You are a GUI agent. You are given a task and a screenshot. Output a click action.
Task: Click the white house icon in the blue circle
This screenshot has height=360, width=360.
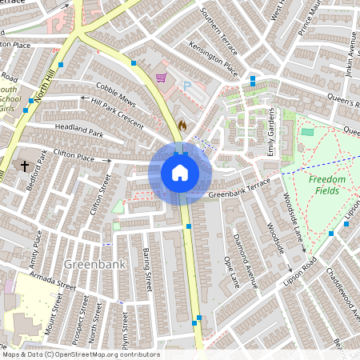[x=180, y=172]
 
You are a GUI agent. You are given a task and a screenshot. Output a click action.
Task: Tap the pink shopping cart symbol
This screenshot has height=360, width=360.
[x=162, y=78]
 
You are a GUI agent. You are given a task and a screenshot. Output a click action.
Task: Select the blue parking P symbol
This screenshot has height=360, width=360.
[x=188, y=85]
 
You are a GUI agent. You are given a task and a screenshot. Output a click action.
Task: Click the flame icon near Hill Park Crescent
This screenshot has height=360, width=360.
[x=182, y=125]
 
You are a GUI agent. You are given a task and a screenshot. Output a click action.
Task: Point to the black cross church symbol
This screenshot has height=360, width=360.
[x=25, y=166]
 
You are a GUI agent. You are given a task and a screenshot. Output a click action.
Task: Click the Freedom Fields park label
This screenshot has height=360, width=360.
[x=327, y=185]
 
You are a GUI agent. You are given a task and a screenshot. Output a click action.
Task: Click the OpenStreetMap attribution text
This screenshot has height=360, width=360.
[x=80, y=354]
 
